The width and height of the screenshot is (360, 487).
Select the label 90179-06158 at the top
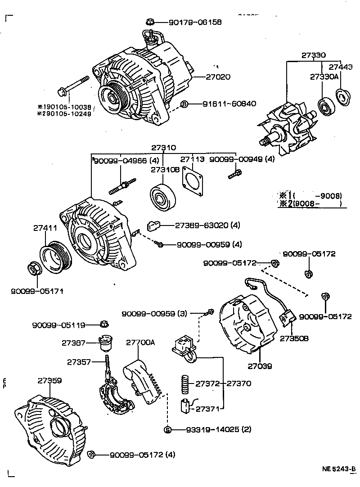click(195, 22)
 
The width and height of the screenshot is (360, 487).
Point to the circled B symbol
click(184, 104)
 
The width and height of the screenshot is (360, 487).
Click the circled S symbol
click(167, 429)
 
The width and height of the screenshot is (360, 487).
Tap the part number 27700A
click(140, 343)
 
